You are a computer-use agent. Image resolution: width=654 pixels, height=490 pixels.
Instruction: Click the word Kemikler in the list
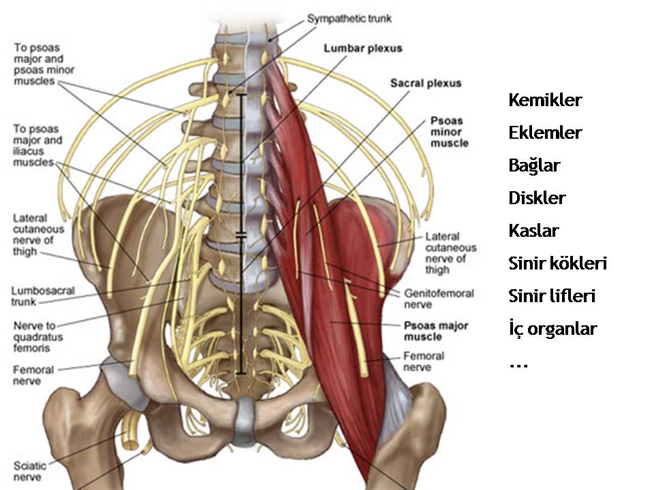click(x=545, y=101)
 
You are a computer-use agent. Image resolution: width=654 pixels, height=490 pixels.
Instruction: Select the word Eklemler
click(x=545, y=133)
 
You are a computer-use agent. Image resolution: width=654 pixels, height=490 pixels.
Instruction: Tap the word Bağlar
click(x=535, y=165)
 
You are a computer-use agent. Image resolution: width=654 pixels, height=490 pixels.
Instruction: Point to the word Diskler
click(x=538, y=198)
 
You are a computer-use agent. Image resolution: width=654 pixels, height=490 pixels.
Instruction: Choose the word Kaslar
click(x=534, y=231)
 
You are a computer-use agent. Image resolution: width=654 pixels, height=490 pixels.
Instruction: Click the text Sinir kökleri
click(x=558, y=263)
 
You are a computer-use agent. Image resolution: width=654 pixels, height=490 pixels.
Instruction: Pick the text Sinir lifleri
click(x=552, y=296)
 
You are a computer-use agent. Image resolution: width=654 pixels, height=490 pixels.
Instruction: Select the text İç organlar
click(x=553, y=329)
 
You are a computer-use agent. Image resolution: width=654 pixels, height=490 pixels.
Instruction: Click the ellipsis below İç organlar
click(x=518, y=364)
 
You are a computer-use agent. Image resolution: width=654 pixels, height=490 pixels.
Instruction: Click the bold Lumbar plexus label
click(x=363, y=48)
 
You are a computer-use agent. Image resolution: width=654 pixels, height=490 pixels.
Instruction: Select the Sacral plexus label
click(x=426, y=83)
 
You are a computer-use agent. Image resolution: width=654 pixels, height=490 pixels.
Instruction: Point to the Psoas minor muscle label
click(x=450, y=132)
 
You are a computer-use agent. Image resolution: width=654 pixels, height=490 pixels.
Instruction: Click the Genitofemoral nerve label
click(x=439, y=299)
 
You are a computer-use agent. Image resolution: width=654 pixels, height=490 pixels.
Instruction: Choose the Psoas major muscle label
click(x=437, y=331)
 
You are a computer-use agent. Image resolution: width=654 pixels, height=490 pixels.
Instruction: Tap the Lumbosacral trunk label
click(x=43, y=293)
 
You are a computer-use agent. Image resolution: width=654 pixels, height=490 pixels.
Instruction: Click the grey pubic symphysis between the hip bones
click(x=245, y=422)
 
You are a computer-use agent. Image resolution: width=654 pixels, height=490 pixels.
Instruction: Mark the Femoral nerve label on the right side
click(x=424, y=361)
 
